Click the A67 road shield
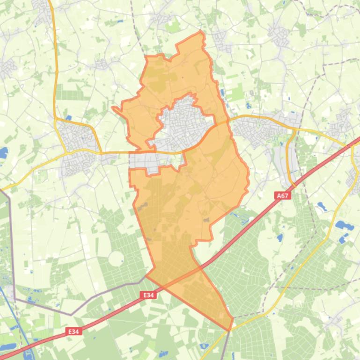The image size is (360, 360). (x=282, y=196)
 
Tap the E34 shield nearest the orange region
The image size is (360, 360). (x=148, y=295)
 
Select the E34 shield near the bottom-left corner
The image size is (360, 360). (x=73, y=331)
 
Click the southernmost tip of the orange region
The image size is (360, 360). (x=229, y=330)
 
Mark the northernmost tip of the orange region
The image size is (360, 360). (x=201, y=31)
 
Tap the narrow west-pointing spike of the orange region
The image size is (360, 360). (x=114, y=108)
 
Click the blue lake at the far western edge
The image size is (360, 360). (x=3, y=152)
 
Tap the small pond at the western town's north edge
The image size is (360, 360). (x=69, y=118)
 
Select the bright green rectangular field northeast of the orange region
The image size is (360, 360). (x=235, y=93)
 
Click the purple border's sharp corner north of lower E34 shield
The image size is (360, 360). (x=71, y=315)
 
